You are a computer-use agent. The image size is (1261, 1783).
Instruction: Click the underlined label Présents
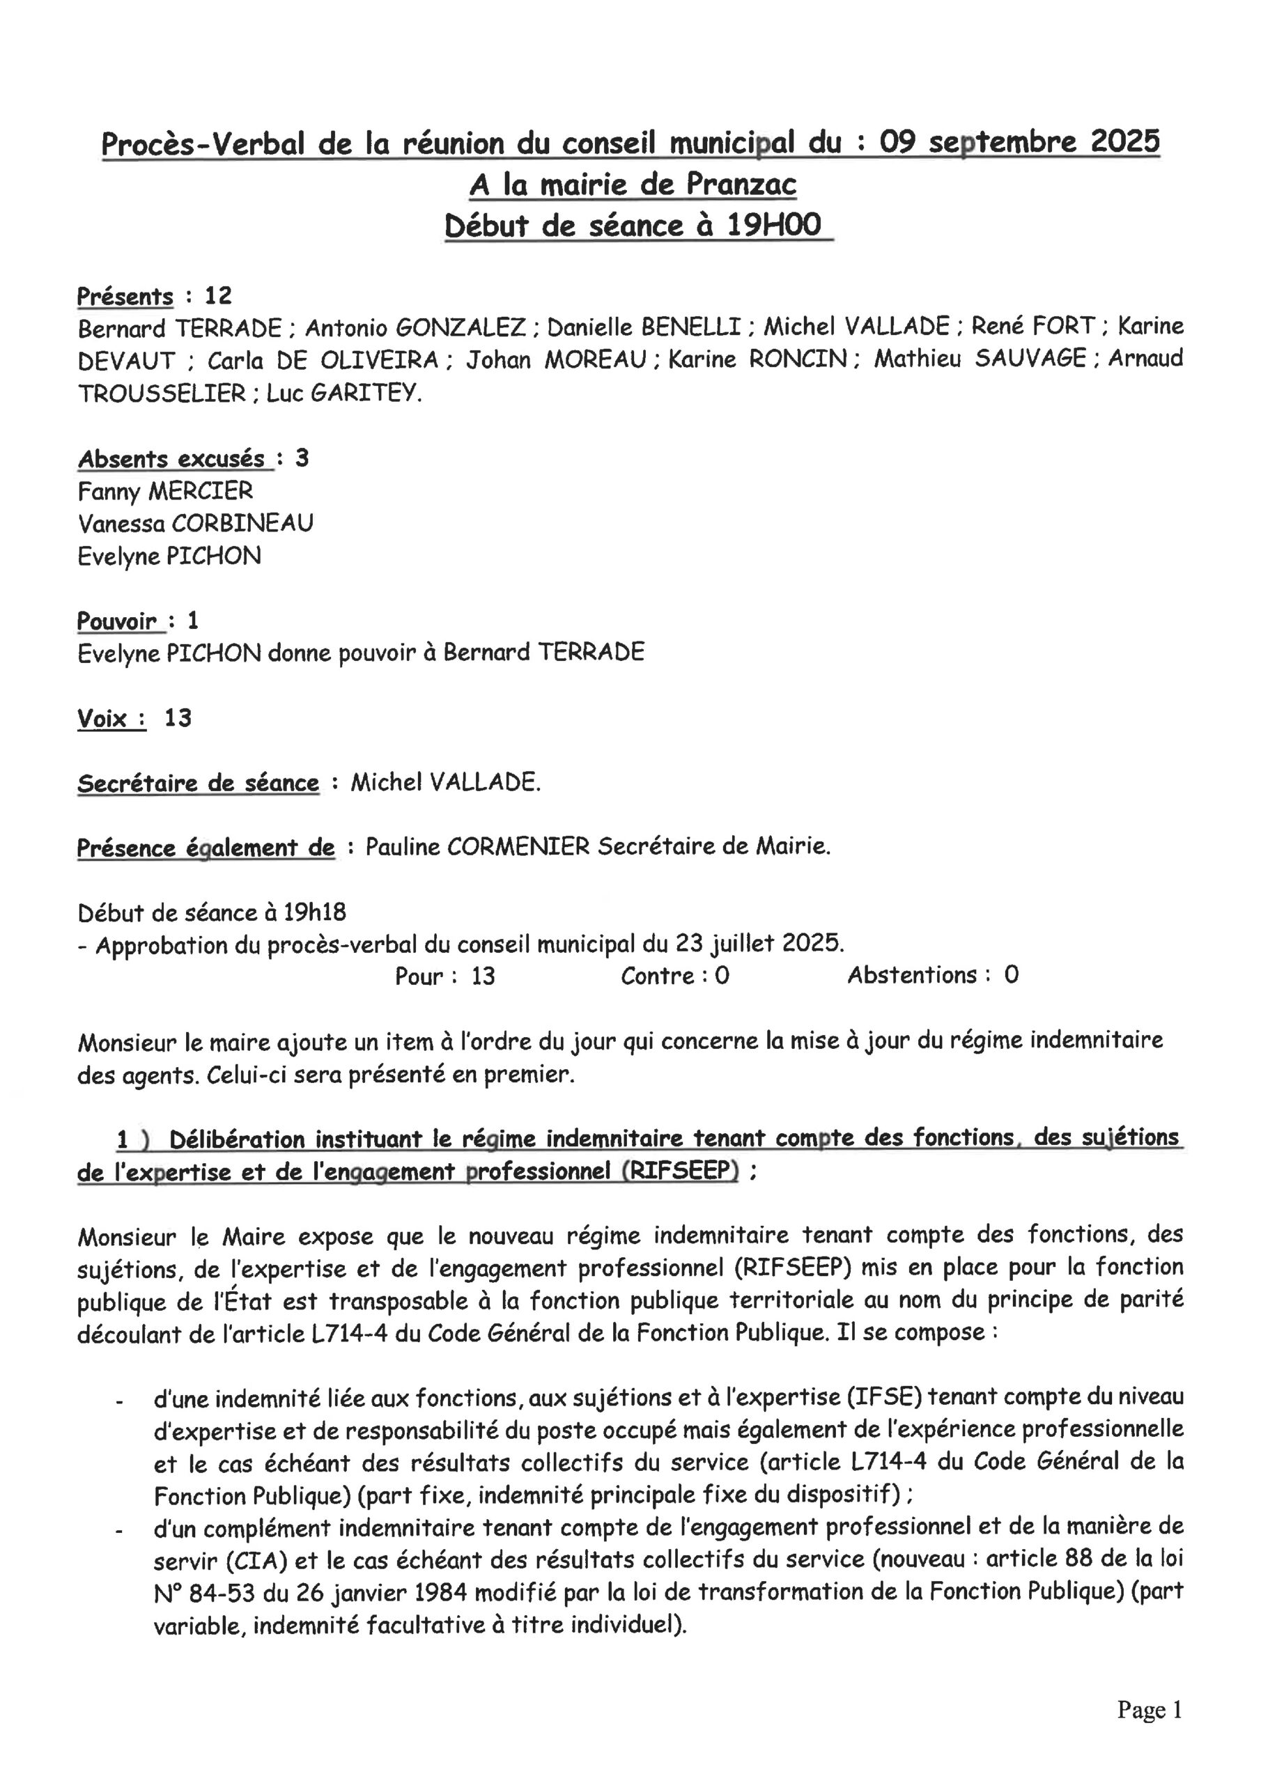pyautogui.click(x=125, y=297)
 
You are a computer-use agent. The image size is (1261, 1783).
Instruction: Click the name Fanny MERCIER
pyautogui.click(x=164, y=491)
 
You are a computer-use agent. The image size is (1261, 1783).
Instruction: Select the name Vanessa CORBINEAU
pyautogui.click(x=195, y=523)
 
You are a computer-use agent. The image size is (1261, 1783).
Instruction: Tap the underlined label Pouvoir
pyautogui.click(x=116, y=621)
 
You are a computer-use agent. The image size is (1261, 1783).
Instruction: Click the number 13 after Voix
pyautogui.click(x=177, y=718)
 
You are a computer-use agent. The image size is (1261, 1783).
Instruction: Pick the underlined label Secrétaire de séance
pyautogui.click(x=198, y=783)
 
